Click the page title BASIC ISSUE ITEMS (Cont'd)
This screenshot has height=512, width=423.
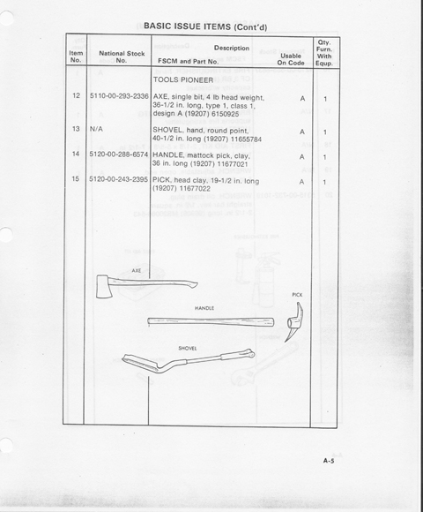pos(205,26)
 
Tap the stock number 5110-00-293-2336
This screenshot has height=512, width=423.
pos(119,96)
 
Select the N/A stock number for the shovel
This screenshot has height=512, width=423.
pos(96,129)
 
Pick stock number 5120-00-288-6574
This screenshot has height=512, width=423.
pos(119,154)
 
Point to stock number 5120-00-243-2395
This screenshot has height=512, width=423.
pos(119,179)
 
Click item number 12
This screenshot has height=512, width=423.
pos(77,95)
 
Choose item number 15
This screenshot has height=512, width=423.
pos(76,179)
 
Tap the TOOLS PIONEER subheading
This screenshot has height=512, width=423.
pos(183,80)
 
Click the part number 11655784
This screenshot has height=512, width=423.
pos(247,139)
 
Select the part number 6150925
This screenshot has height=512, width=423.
pos(226,114)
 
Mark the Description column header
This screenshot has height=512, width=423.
pos(232,48)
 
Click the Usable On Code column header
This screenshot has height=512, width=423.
pos(291,59)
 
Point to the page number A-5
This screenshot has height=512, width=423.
pos(329,461)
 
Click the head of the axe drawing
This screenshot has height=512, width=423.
pos(104,287)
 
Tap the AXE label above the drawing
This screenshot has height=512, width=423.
pos(137,271)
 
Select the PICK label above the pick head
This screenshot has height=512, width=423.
pos(297,295)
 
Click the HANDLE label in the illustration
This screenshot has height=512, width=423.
pos(204,308)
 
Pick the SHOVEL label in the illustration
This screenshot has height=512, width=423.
pos(188,349)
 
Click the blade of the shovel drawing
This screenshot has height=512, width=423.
pos(141,363)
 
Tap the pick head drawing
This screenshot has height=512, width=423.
pos(294,321)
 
